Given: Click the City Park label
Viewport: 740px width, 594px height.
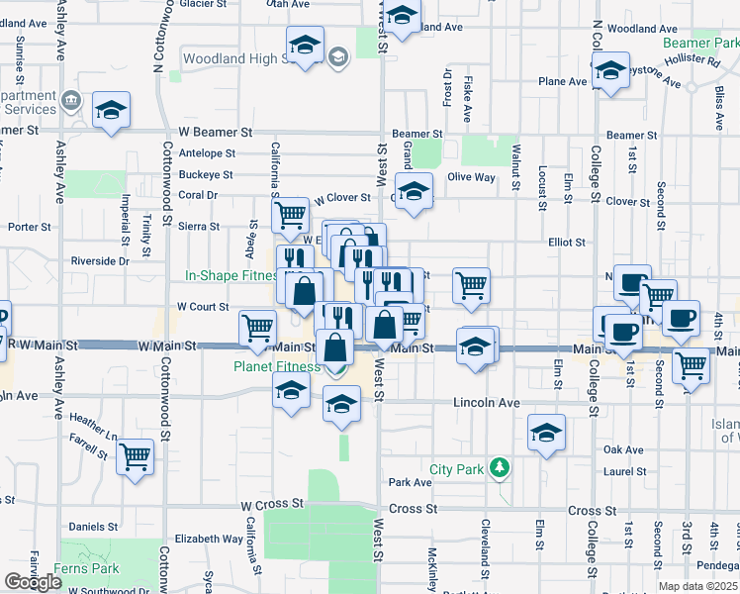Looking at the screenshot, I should pyautogui.click(x=460, y=468).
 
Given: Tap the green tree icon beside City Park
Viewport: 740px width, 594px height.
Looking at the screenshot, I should pyautogui.click(x=502, y=466).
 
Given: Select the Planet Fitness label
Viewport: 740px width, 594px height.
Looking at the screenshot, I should pyautogui.click(x=277, y=366).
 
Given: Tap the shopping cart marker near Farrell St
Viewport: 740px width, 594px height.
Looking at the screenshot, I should pyautogui.click(x=135, y=458).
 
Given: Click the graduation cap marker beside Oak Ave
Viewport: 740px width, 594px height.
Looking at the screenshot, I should pyautogui.click(x=545, y=433).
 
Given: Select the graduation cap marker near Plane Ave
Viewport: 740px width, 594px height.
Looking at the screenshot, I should pyautogui.click(x=609, y=71).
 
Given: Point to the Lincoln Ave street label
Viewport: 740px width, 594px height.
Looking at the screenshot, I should pyautogui.click(x=486, y=404).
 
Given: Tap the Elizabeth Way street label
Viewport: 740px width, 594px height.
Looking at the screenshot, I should pyautogui.click(x=209, y=540).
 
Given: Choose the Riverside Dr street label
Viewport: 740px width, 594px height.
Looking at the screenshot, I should pyautogui.click(x=100, y=261).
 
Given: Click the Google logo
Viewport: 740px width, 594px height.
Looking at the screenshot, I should pyautogui.click(x=33, y=582).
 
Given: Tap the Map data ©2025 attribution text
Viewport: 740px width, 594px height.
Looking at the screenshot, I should pyautogui.click(x=698, y=586).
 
